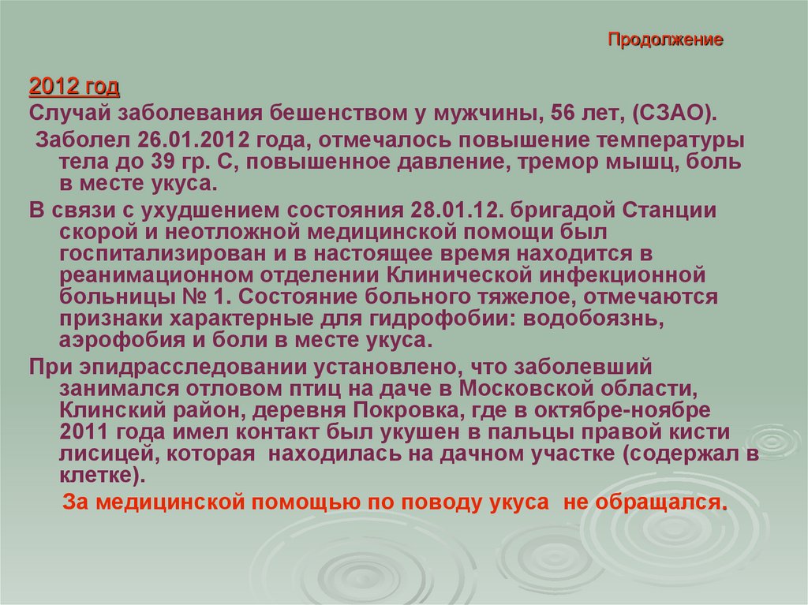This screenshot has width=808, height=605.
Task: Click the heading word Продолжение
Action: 665,39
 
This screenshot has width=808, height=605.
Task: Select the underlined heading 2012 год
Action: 74,85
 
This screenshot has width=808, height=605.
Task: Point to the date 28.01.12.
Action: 456,212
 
